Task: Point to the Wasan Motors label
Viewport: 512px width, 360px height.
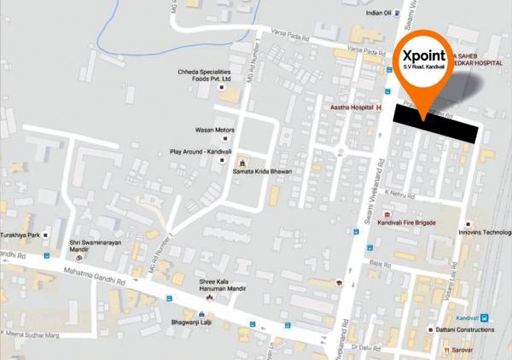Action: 213,131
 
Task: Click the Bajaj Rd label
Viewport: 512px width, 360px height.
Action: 392,266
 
